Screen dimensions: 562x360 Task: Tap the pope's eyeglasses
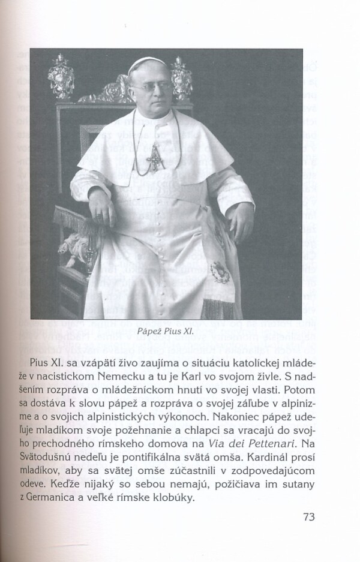click(x=146, y=87)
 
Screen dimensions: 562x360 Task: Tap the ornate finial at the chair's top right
click(x=181, y=76)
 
